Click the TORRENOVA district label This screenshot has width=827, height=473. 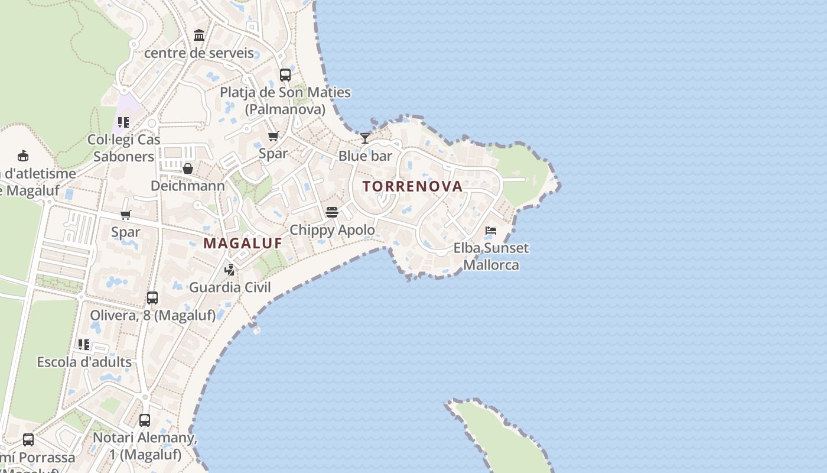coord(412,186)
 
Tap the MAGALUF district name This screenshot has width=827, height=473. coord(243,243)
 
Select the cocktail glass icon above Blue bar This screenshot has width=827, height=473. coord(365,138)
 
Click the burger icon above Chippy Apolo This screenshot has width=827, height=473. coord(331,212)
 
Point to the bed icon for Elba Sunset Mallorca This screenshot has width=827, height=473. coord(491,230)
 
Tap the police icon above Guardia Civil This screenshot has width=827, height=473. coord(230,270)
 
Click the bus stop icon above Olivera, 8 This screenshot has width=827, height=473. coord(152,298)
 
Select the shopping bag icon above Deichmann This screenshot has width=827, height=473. coord(188,169)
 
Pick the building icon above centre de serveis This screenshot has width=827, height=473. coord(199,35)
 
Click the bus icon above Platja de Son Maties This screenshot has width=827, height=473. coord(285,75)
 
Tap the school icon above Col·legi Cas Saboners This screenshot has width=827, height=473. coord(123,122)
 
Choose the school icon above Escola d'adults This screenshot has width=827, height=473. coord(84,344)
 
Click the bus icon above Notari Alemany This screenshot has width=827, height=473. coord(145,420)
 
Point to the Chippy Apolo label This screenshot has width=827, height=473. coord(332,229)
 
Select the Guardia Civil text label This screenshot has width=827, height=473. coord(230,287)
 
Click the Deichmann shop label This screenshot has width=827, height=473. coord(188,186)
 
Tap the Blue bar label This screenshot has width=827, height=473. coord(365,156)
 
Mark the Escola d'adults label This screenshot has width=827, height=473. coord(84,362)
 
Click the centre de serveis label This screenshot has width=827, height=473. coord(199,53)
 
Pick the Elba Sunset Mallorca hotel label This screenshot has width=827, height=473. coord(491,256)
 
